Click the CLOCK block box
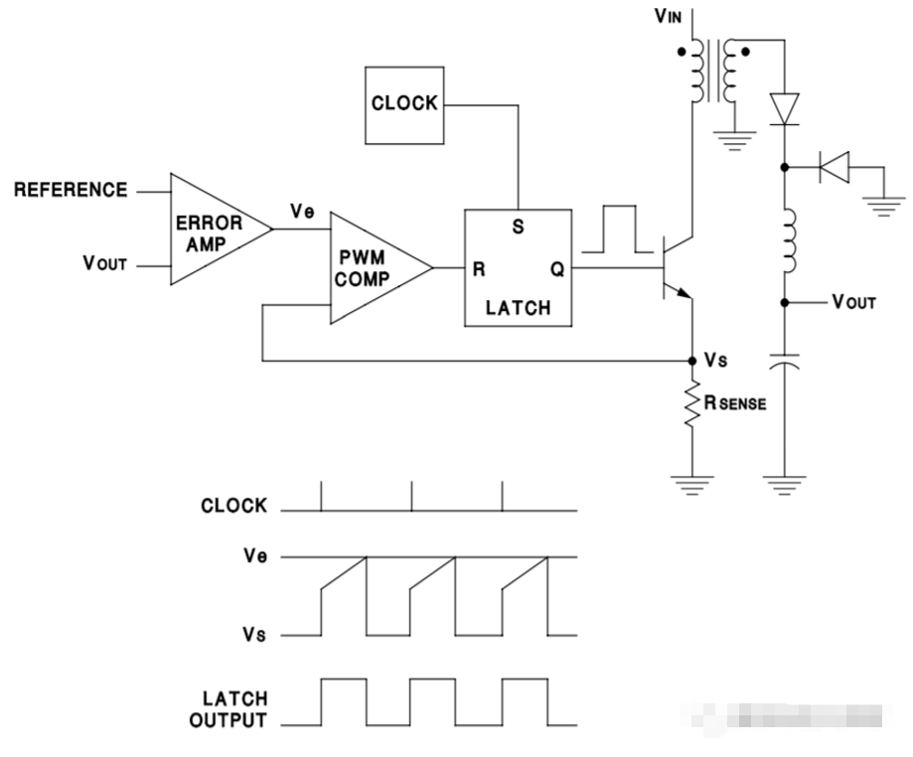pyautogui.click(x=404, y=104)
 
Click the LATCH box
pyautogui.click(x=517, y=266)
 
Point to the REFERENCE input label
pyautogui.click(x=71, y=190)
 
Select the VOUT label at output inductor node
pyautogui.click(x=853, y=303)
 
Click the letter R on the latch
pyautogui.click(x=478, y=269)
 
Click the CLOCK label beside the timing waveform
pyautogui.click(x=234, y=506)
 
